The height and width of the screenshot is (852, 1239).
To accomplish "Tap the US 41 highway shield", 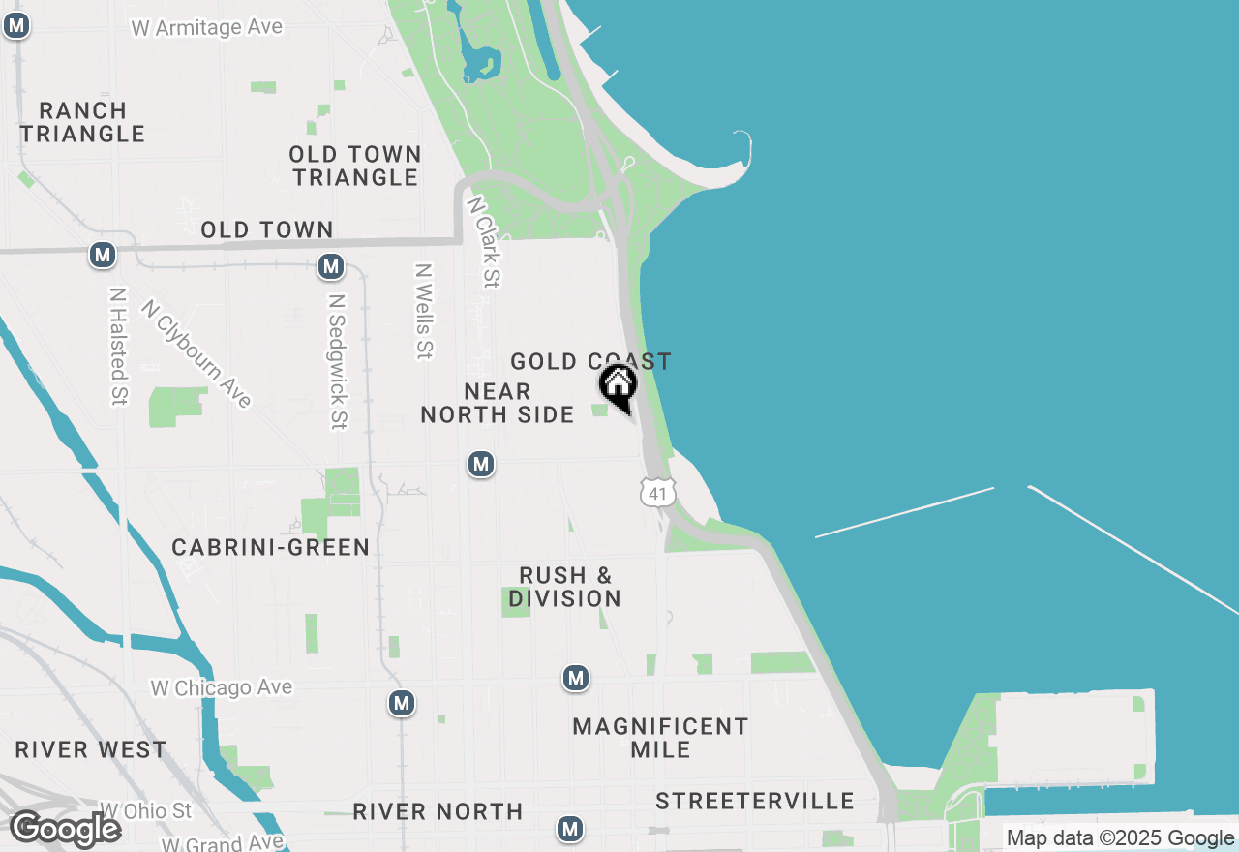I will click(x=657, y=492).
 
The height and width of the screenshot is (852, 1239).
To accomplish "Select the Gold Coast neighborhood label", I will click(x=590, y=362).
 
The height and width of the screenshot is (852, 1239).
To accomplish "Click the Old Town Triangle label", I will click(x=355, y=166).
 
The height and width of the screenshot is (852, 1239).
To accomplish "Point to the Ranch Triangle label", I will click(x=83, y=122).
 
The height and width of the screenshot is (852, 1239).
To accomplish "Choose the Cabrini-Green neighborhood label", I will click(x=271, y=547).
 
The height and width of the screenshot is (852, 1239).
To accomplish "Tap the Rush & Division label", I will click(x=565, y=587).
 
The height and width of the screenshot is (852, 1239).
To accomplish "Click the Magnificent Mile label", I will click(x=660, y=737).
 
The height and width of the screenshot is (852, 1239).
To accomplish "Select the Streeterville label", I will click(x=755, y=801).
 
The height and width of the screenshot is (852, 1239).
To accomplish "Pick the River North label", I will click(x=438, y=811).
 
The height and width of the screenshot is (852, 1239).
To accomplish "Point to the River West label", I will click(x=91, y=750).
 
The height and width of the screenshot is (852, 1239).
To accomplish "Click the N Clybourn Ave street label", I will click(x=196, y=353).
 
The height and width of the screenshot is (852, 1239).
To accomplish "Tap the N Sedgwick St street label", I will click(x=336, y=361).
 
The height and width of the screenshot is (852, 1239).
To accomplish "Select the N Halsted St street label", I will click(x=118, y=346).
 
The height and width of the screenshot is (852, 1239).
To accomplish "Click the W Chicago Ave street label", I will click(x=221, y=687).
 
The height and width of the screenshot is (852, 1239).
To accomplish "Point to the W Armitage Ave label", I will click(x=206, y=27).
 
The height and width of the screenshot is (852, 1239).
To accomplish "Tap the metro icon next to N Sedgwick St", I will click(x=331, y=266).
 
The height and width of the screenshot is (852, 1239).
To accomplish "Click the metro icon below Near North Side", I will click(x=481, y=464).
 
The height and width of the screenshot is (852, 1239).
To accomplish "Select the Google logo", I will click(x=65, y=829).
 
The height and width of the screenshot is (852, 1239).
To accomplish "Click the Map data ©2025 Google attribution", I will click(x=1120, y=838).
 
